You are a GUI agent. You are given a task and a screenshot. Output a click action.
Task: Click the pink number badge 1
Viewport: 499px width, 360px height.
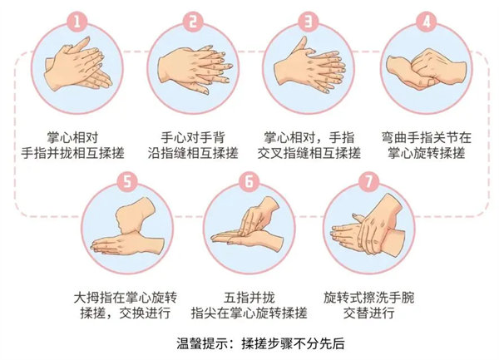(x=77, y=22)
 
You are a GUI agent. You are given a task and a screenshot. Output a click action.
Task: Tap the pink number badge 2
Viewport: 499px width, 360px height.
(x=192, y=22)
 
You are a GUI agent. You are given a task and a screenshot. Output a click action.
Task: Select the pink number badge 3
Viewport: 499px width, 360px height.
(x=309, y=22)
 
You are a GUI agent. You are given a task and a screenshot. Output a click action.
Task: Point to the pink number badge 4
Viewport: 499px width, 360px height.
(x=426, y=22)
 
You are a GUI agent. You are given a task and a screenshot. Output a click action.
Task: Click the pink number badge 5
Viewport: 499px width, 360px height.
(x=127, y=181)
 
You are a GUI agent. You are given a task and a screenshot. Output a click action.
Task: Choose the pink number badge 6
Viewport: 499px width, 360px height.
(x=249, y=181)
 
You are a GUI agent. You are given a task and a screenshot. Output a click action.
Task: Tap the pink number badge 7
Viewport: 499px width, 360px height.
(x=368, y=181)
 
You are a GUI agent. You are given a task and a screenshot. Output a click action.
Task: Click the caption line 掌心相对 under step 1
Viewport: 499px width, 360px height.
(x=72, y=138)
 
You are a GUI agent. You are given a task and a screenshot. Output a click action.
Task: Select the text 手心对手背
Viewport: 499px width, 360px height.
(x=193, y=138)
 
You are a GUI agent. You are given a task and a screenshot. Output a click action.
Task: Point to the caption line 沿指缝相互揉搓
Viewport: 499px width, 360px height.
(x=193, y=153)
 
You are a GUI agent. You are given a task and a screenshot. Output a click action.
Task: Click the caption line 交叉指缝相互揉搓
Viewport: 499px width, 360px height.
(x=309, y=153)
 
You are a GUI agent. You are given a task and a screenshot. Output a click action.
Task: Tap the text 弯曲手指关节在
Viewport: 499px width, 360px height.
(x=427, y=138)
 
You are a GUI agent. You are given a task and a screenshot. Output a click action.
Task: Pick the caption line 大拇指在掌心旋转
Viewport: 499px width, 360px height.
(x=126, y=298)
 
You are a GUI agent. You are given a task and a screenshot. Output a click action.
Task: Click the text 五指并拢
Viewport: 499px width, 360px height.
(x=249, y=298)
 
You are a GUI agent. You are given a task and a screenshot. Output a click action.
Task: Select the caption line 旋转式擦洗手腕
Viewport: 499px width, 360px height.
(x=368, y=298)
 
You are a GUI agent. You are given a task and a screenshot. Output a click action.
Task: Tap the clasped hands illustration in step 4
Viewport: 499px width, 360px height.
(x=426, y=68)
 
